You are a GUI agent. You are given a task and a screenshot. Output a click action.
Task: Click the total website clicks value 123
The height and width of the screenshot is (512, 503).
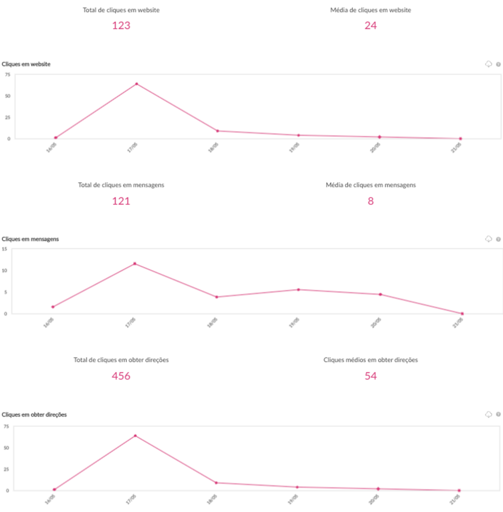tap(121, 25)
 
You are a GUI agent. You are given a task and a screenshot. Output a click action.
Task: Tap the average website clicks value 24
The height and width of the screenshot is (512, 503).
tap(370, 25)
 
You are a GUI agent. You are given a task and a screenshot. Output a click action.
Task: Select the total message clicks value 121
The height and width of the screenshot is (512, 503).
tap(121, 201)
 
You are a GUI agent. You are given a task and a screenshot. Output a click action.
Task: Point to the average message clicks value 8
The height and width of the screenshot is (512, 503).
tap(370, 201)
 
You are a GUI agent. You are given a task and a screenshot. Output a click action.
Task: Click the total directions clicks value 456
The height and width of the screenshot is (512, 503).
tap(121, 376)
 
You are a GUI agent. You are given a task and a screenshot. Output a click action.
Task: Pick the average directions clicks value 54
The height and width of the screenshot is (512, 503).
tap(370, 376)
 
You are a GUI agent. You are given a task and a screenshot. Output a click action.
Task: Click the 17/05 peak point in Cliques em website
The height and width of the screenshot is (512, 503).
tap(136, 83)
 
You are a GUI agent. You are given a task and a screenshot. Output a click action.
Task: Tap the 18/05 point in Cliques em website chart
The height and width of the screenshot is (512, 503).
tap(217, 131)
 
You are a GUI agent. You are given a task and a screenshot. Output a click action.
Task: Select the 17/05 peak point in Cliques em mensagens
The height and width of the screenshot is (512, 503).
tap(134, 263)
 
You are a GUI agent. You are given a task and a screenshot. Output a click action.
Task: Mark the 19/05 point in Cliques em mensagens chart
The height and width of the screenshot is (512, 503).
tap(298, 289)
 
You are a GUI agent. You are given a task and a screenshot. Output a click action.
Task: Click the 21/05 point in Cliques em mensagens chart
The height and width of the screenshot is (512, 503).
tap(462, 313)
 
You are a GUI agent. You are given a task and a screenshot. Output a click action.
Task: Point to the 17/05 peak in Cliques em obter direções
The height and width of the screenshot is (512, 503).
tap(135, 435)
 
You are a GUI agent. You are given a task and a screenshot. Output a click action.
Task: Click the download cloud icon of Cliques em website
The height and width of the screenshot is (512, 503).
tap(488, 64)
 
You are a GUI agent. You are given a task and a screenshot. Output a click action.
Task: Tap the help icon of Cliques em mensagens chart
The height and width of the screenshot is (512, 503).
tap(498, 239)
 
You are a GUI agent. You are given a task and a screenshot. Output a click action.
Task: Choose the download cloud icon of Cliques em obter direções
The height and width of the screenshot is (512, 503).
tap(488, 414)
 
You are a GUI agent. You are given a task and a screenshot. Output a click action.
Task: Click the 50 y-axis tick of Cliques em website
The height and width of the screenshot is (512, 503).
tap(6, 96)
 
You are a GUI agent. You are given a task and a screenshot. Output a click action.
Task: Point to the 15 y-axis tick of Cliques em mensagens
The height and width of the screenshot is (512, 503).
tap(5, 248)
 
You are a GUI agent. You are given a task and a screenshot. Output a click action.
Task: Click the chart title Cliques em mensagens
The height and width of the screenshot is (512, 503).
tap(30, 239)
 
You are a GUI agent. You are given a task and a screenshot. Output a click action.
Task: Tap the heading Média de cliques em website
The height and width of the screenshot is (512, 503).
tap(370, 10)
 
